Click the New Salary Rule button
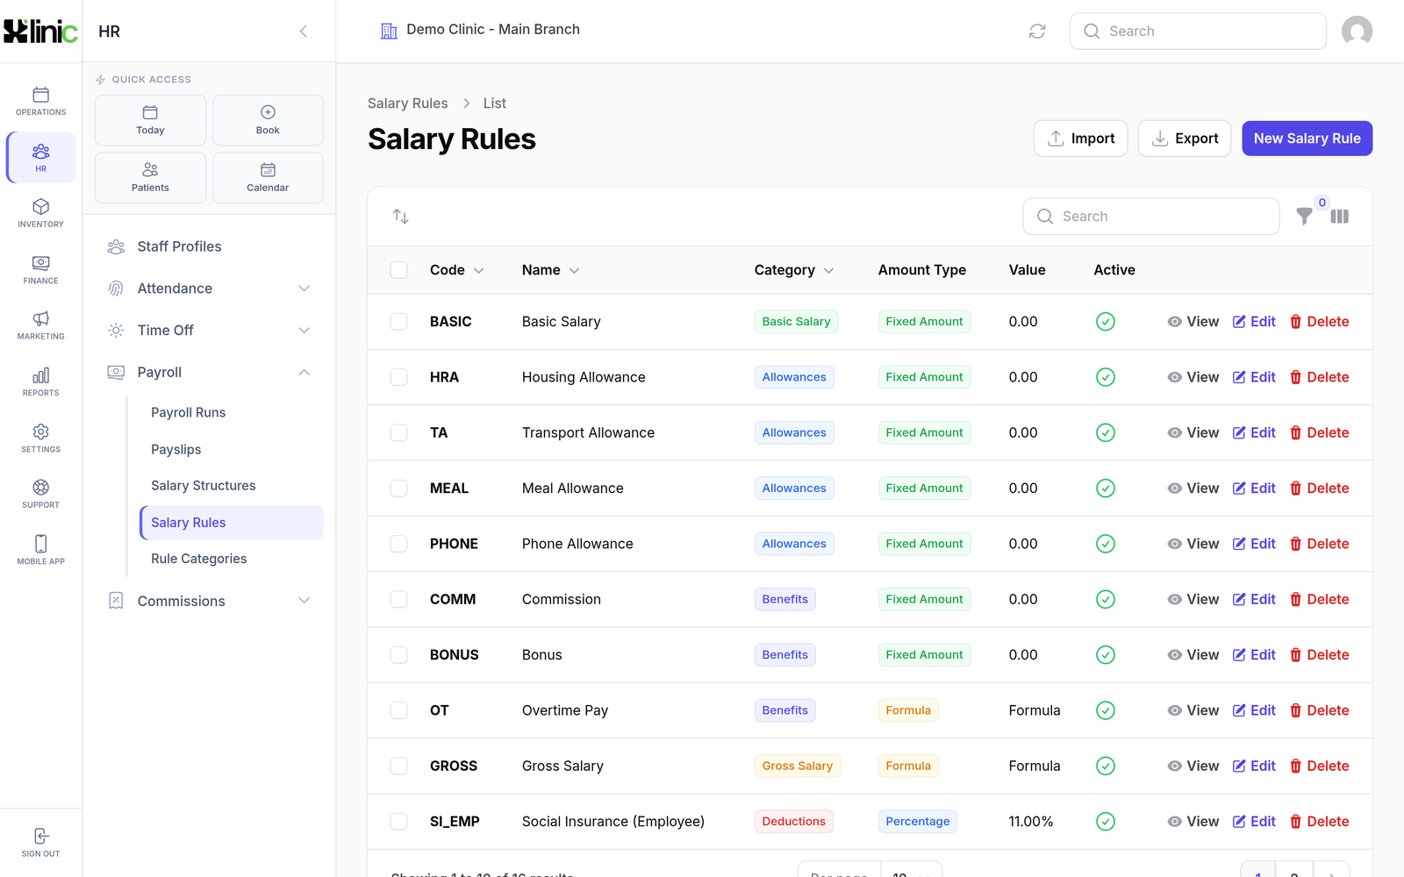tap(1307, 139)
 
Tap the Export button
tap(1184, 139)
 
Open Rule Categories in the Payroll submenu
tap(198, 558)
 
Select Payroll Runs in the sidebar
tap(188, 412)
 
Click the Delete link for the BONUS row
tap(1320, 654)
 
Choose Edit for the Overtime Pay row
tap(1254, 710)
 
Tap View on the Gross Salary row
tap(1193, 766)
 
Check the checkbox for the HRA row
tap(398, 377)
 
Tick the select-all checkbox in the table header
tap(398, 270)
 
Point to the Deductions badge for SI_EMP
tap(793, 821)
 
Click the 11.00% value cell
tap(1030, 821)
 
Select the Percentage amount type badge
tap(918, 821)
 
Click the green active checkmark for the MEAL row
tap(1105, 488)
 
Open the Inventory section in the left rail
tap(40, 213)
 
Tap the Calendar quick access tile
tap(268, 178)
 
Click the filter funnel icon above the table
tap(1304, 216)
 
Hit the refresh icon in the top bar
tap(1037, 32)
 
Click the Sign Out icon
tap(40, 836)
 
